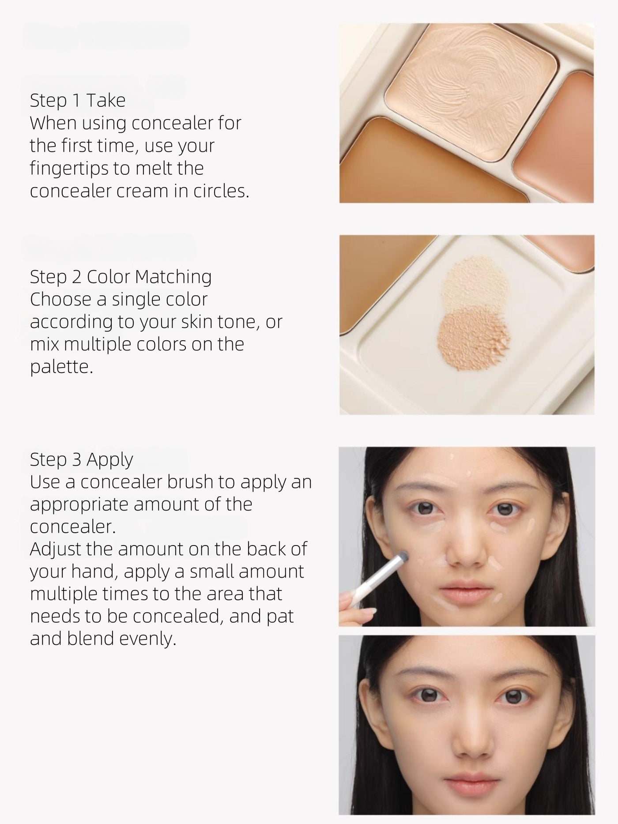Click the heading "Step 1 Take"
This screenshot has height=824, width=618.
coord(78,101)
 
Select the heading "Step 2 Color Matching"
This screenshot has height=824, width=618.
coord(121,277)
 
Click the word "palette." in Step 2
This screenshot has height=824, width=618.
coord(61,367)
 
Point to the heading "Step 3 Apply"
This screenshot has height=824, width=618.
coord(81,459)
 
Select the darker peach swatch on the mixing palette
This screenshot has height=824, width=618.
coord(471,335)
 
